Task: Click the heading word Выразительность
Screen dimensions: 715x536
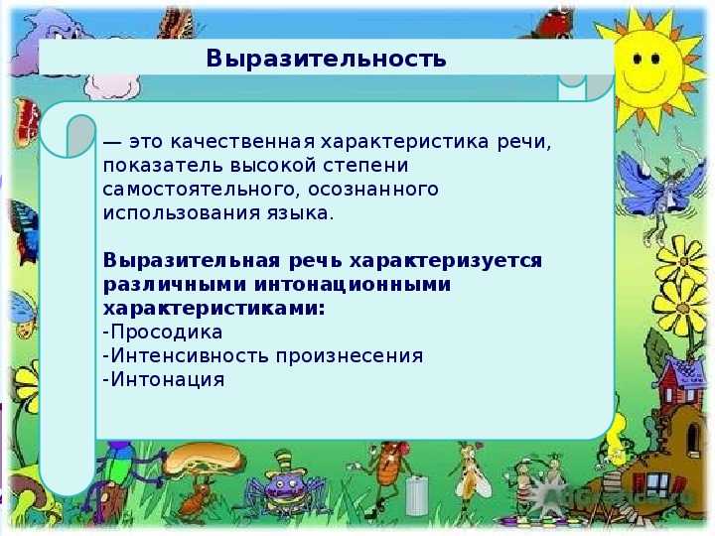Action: (326, 59)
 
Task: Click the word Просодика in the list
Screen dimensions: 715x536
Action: (167, 332)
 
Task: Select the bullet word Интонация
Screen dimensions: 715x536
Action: (168, 379)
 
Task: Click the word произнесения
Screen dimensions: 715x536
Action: (350, 356)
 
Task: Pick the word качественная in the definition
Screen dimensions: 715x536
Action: (242, 142)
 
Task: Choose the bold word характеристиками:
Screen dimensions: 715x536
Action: (214, 309)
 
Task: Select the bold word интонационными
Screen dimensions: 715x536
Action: (352, 285)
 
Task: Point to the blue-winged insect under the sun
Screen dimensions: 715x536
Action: (662, 186)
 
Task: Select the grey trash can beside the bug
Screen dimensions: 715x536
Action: (417, 494)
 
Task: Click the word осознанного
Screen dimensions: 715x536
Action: (373, 190)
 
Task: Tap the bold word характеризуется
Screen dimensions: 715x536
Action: (446, 261)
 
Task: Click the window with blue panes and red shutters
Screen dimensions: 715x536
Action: (655, 484)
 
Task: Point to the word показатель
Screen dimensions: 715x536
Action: (163, 166)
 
